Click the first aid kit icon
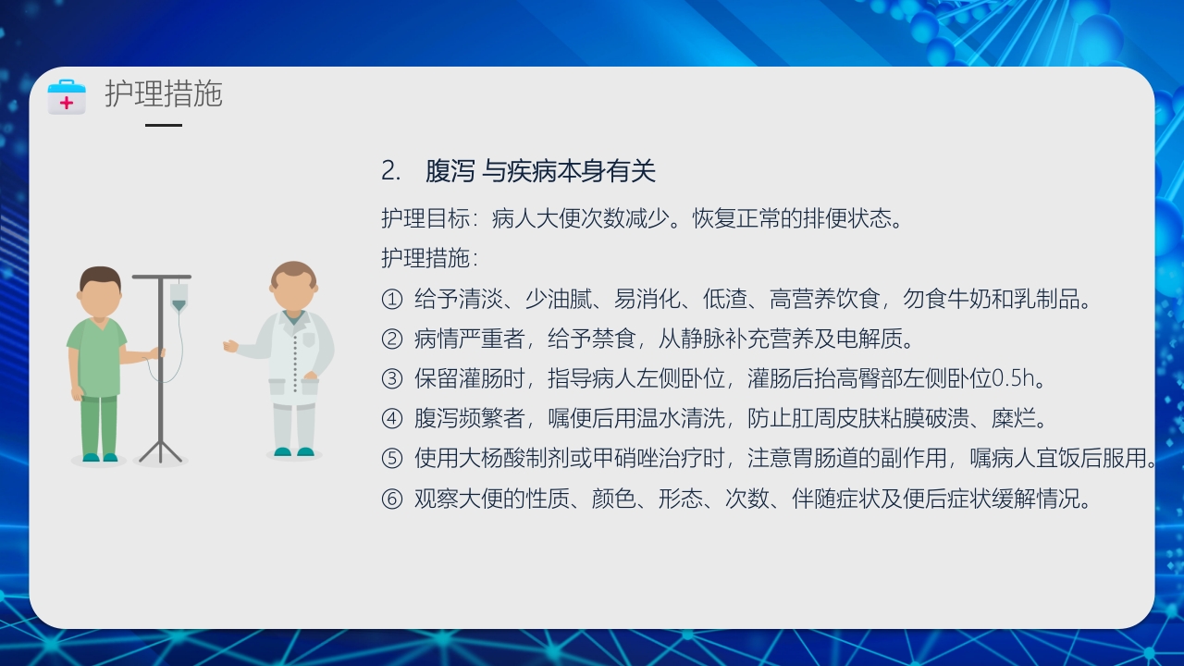coord(67,96)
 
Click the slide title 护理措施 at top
coord(164,94)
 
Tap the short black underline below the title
coord(164,125)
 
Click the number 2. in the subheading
coord(391,171)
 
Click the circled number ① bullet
coord(392,300)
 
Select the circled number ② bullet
coord(392,339)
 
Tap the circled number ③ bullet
coord(392,379)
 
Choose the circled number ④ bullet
coord(392,419)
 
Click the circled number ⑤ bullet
coord(392,459)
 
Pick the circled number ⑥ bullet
coord(392,499)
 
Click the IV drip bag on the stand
coord(179,297)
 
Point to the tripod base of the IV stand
coord(161,451)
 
